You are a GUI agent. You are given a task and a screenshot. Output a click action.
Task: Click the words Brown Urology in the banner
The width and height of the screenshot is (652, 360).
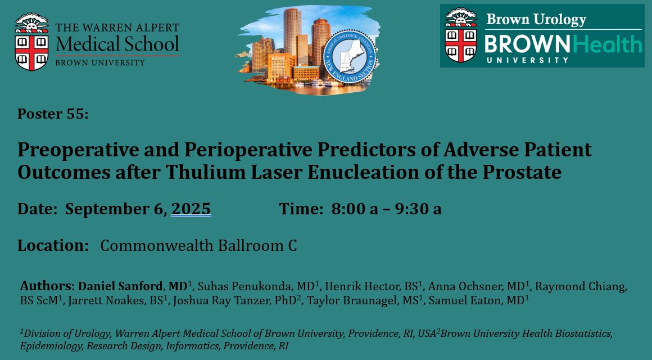tap(536, 19)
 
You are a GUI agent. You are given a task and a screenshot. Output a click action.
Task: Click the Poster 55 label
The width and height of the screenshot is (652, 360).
tap(53, 114)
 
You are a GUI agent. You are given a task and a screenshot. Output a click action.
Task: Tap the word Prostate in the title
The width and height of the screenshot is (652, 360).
tap(524, 172)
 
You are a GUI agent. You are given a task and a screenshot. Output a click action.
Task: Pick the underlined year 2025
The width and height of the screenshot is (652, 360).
tap(191, 209)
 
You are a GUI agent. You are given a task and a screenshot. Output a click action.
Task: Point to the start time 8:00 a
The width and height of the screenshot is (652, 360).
tap(355, 209)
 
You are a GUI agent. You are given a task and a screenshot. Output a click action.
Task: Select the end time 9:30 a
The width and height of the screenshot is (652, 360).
tap(417, 209)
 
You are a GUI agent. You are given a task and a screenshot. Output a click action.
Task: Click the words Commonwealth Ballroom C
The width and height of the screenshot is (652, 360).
tap(198, 245)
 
